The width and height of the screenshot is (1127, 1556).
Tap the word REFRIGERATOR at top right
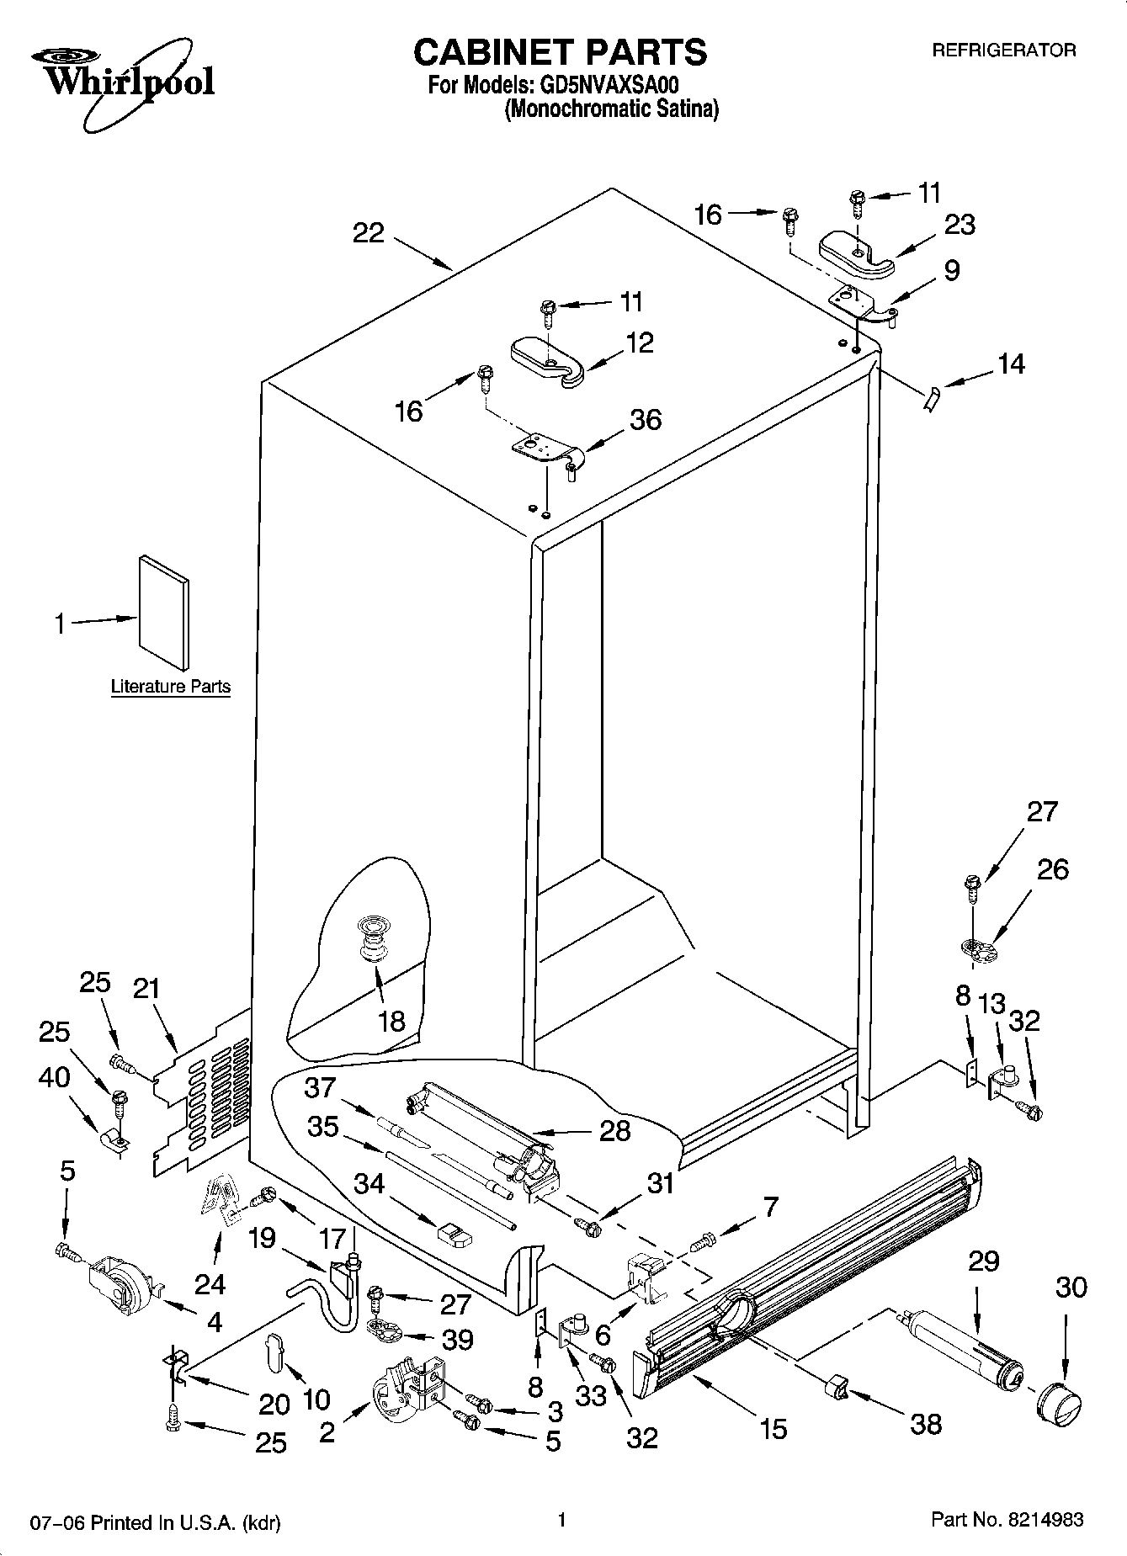[x=1003, y=50]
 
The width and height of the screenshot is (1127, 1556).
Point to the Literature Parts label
[x=171, y=687]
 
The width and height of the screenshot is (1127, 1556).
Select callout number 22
[x=368, y=233]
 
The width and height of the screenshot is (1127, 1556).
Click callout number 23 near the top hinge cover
[x=959, y=225]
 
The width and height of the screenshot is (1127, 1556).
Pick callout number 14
[x=1011, y=364]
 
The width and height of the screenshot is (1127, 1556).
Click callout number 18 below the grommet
[x=392, y=1022]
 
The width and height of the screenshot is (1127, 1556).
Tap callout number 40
[x=55, y=1077]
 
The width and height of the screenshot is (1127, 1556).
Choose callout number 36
[x=646, y=419]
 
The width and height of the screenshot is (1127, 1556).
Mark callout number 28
[x=614, y=1129]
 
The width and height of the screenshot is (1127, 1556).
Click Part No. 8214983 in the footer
[x=1007, y=1520]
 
